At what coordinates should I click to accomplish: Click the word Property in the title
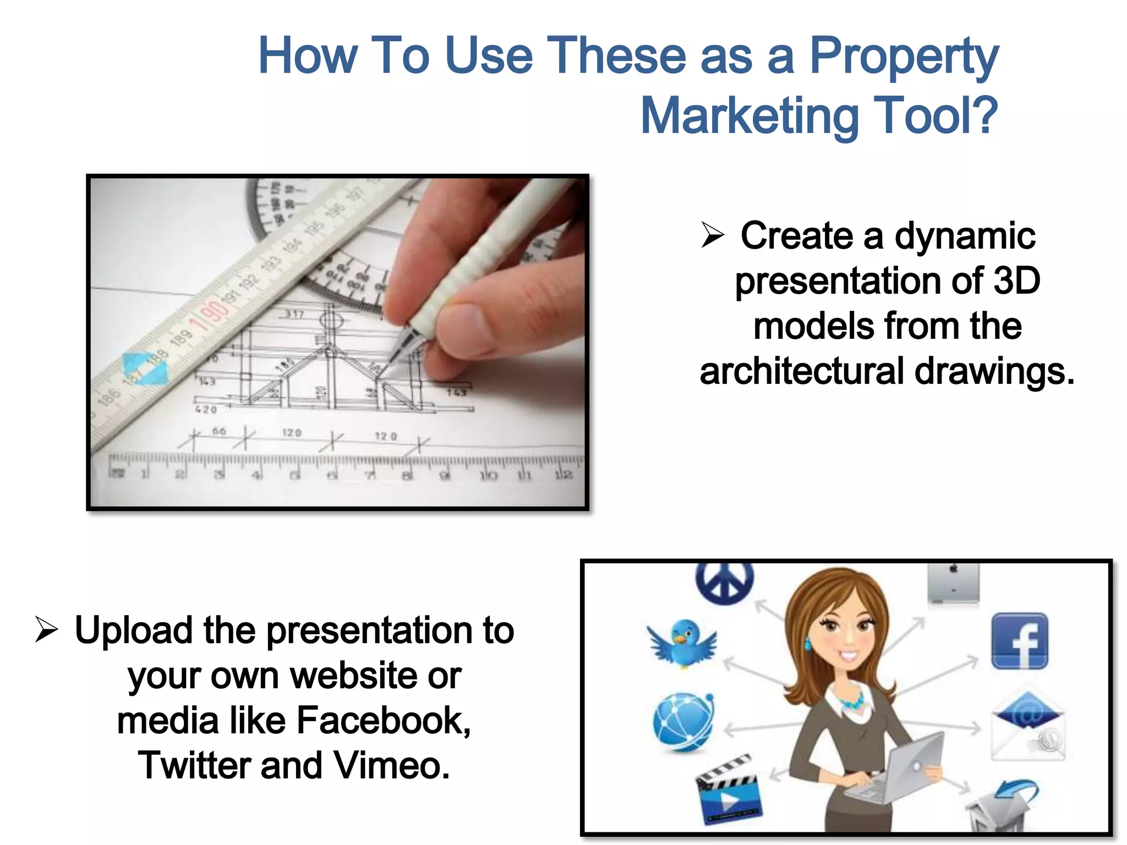(904, 56)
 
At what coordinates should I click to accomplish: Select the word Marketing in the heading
(748, 116)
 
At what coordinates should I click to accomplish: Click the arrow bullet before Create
(713, 235)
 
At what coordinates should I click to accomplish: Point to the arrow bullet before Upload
(46, 629)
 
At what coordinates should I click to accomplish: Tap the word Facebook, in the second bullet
(384, 720)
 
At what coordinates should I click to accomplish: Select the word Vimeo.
(392, 765)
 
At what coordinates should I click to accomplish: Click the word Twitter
(195, 765)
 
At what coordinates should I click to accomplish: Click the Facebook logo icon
(1019, 641)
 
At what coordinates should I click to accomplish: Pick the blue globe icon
(683, 721)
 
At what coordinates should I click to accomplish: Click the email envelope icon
(1027, 726)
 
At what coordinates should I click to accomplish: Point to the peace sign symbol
(724, 582)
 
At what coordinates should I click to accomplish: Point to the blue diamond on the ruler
(145, 368)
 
